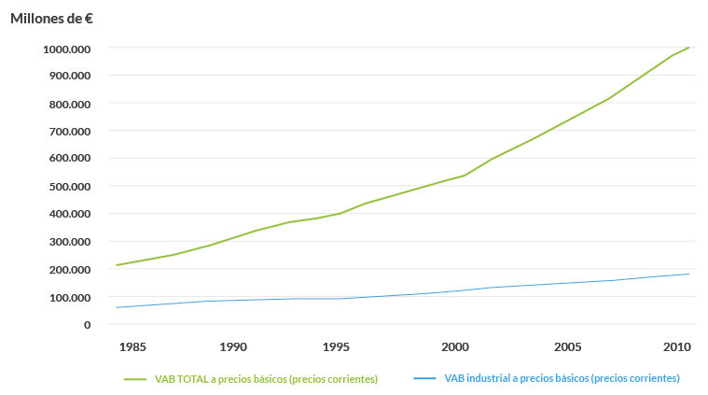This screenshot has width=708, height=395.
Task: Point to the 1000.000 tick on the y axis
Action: pyautogui.click(x=66, y=48)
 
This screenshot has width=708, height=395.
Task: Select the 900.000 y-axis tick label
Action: pyautogui.click(x=68, y=76)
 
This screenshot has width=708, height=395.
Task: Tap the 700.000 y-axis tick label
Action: pyautogui.click(x=68, y=131)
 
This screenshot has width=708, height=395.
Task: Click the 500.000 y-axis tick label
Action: pyautogui.click(x=68, y=186)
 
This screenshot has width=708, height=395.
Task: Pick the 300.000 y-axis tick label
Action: pyautogui.click(x=68, y=242)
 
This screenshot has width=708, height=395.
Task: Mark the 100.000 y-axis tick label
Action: pyautogui.click(x=68, y=297)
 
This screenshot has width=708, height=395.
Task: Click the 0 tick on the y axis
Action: pyautogui.click(x=87, y=325)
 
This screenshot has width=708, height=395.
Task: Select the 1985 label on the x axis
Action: pyautogui.click(x=133, y=347)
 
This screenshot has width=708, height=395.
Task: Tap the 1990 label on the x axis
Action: pyautogui.click(x=234, y=347)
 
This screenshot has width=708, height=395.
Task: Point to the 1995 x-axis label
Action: pyautogui.click(x=336, y=347)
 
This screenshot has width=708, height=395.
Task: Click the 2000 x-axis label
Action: pyautogui.click(x=455, y=347)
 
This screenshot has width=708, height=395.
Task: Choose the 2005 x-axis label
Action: pyautogui.click(x=568, y=347)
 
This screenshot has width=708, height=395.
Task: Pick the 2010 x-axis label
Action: pyautogui.click(x=676, y=347)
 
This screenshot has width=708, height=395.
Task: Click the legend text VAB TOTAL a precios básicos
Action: pyautogui.click(x=266, y=379)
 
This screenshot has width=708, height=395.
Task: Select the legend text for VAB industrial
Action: pyautogui.click(x=562, y=378)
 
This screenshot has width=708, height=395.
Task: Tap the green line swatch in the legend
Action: pyautogui.click(x=136, y=379)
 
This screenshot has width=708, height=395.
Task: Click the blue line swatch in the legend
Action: pyautogui.click(x=424, y=379)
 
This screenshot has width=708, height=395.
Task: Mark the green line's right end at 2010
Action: pyautogui.click(x=688, y=47)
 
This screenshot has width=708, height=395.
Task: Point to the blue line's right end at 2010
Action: pyautogui.click(x=688, y=274)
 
